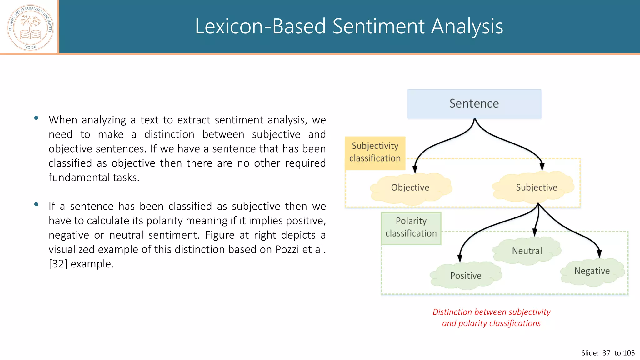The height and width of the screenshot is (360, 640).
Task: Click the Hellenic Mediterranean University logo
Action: (x=30, y=27)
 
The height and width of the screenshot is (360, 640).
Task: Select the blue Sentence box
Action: (x=474, y=103)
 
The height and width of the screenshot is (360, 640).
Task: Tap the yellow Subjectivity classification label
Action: (x=375, y=152)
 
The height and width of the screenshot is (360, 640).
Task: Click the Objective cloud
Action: (x=410, y=188)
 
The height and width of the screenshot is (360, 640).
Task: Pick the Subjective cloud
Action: (x=536, y=187)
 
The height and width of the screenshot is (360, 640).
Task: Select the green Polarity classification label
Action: (x=411, y=227)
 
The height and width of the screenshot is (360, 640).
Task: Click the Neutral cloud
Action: (x=527, y=251)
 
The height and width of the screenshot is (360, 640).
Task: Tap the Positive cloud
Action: (x=466, y=276)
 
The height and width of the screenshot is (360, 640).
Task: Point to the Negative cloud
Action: (x=592, y=271)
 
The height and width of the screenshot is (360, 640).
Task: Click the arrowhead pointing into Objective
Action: (x=415, y=169)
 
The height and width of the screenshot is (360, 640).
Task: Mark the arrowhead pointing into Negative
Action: (x=599, y=254)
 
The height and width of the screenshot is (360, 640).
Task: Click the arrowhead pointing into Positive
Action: (x=460, y=258)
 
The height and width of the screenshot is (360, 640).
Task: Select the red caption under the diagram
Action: (x=491, y=317)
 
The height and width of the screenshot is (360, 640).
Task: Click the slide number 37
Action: (x=606, y=353)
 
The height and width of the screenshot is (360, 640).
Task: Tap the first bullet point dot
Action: (x=37, y=118)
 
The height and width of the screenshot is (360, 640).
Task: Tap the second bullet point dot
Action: (x=37, y=205)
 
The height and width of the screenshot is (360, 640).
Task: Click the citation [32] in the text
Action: (x=58, y=264)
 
